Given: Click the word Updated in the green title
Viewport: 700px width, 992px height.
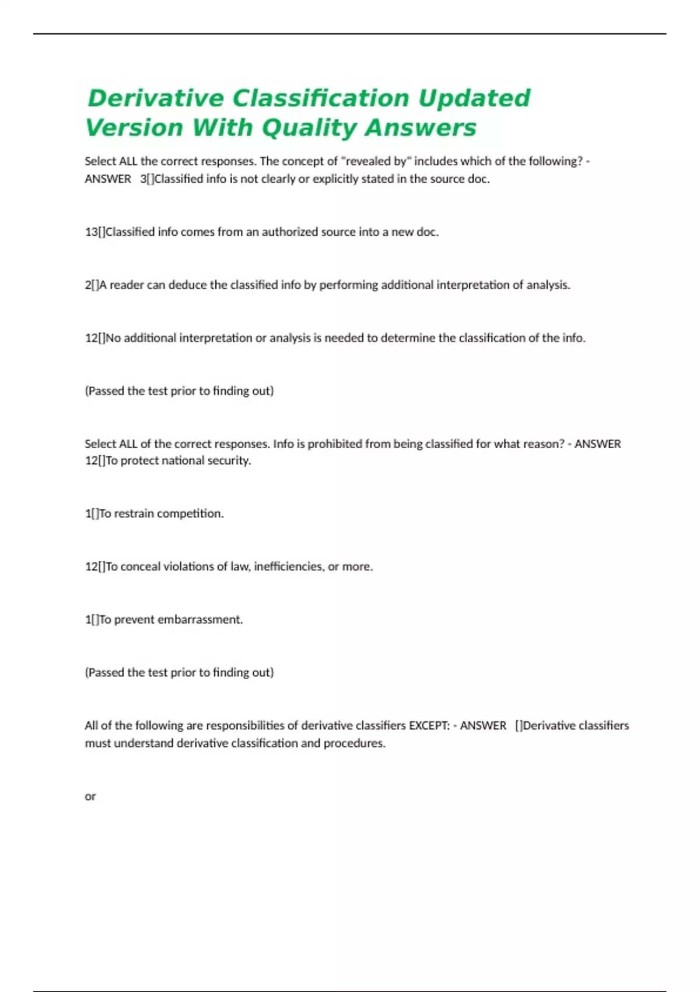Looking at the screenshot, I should coord(474,98).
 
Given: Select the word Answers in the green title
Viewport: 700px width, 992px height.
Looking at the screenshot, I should coord(420,128).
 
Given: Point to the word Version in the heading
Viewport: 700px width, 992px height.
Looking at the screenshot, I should coord(135,128).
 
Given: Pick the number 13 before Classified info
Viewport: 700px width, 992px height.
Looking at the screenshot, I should coord(91,232).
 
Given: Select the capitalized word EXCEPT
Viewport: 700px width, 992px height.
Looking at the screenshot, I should coord(429,725).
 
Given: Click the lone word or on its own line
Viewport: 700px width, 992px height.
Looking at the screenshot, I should coord(90,797).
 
